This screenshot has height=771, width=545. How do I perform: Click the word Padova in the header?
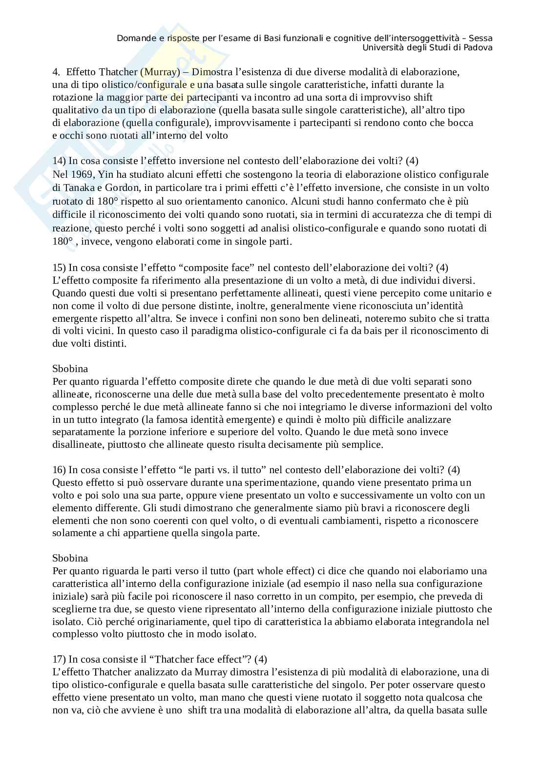(478, 47)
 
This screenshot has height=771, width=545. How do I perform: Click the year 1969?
(81, 174)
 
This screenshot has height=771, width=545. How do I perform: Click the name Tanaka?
(77, 188)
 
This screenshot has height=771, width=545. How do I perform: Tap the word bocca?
(461, 123)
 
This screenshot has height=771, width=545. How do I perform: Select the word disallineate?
(76, 445)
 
